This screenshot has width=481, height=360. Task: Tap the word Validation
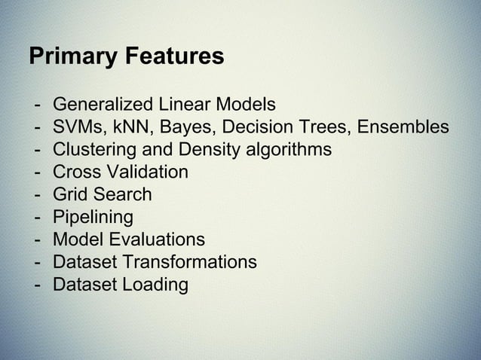point(146,172)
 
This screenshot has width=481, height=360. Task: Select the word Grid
point(69,194)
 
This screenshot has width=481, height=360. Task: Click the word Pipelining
point(93,218)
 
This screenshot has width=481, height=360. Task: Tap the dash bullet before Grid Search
point(37,194)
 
